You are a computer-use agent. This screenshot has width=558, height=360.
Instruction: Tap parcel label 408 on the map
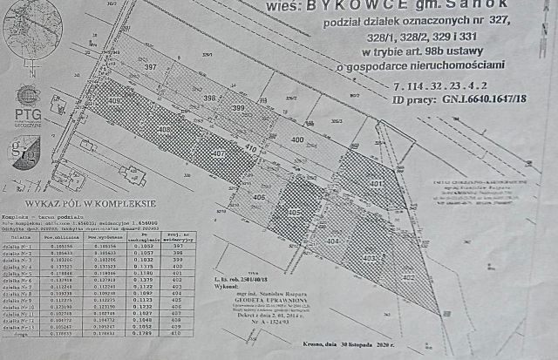[166, 130]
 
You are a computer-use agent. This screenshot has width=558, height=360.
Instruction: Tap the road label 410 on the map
[250, 149]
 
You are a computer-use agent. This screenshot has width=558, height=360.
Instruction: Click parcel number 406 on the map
[259, 197]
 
